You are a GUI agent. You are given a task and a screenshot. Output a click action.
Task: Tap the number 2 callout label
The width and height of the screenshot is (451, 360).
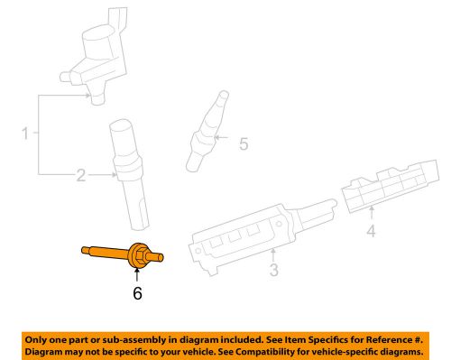pos(80,175)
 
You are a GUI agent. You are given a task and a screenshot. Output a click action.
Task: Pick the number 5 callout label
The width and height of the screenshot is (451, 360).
pos(241,143)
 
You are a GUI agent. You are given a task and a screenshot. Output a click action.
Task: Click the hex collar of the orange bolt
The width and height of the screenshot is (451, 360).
pos(140,257)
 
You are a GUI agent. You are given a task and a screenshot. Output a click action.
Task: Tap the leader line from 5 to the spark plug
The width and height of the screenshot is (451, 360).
pos(225,142)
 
